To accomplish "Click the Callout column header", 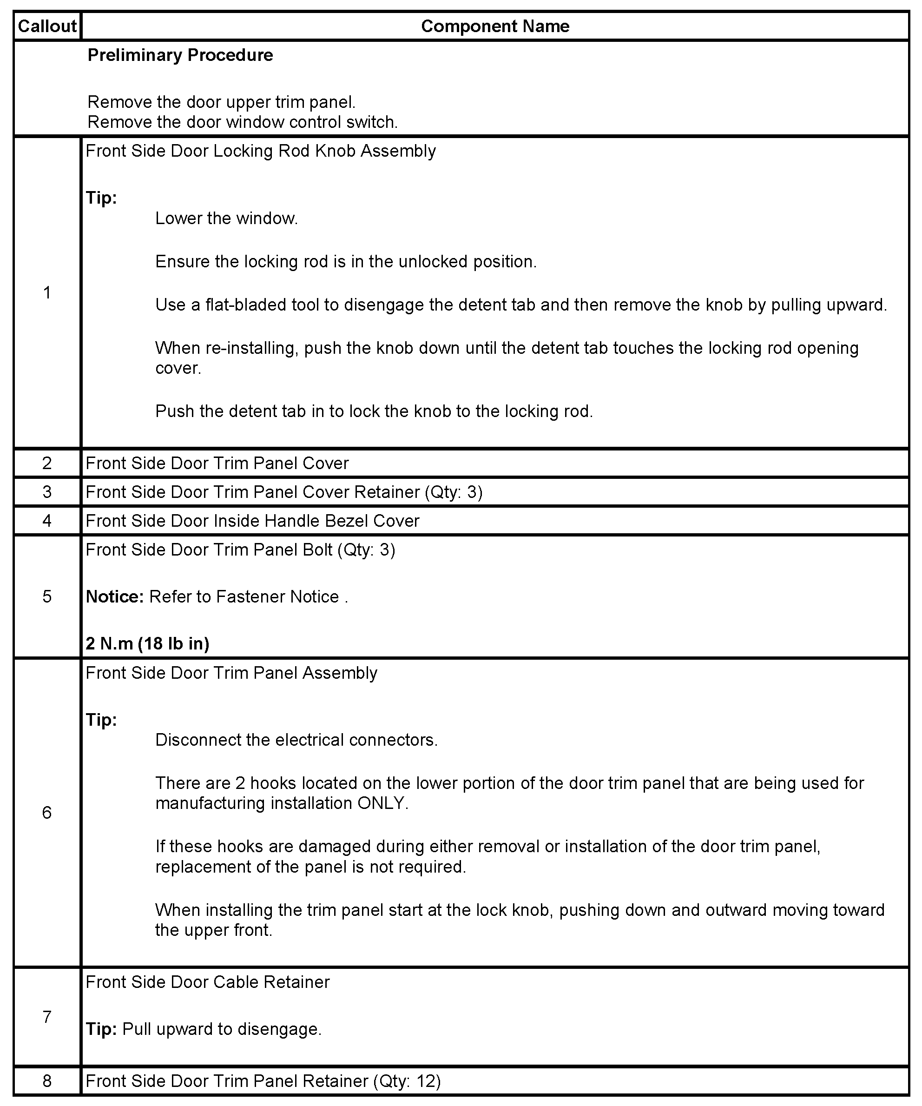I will pyautogui.click(x=47, y=26).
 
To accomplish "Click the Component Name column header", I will pyautogui.click(x=495, y=26).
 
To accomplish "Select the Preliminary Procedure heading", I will pyautogui.click(x=180, y=55).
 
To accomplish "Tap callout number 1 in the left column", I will pyautogui.click(x=47, y=292).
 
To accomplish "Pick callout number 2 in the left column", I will pyautogui.click(x=47, y=463).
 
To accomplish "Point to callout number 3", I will pyautogui.click(x=47, y=492).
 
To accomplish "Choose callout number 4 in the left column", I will pyautogui.click(x=47, y=521).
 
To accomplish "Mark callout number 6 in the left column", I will pyautogui.click(x=47, y=813).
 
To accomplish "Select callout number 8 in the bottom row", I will pyautogui.click(x=47, y=1081).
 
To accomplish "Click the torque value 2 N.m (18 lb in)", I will pyautogui.click(x=147, y=643).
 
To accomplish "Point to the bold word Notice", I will pyautogui.click(x=114, y=597).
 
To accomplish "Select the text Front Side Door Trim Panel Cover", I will pyautogui.click(x=217, y=464).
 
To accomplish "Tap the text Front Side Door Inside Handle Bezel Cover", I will pyautogui.click(x=252, y=521).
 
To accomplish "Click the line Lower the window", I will pyautogui.click(x=226, y=219).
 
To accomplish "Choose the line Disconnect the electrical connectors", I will pyautogui.click(x=296, y=740).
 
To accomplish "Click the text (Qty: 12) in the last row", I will pyautogui.click(x=407, y=1081).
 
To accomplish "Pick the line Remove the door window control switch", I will pyautogui.click(x=242, y=122).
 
